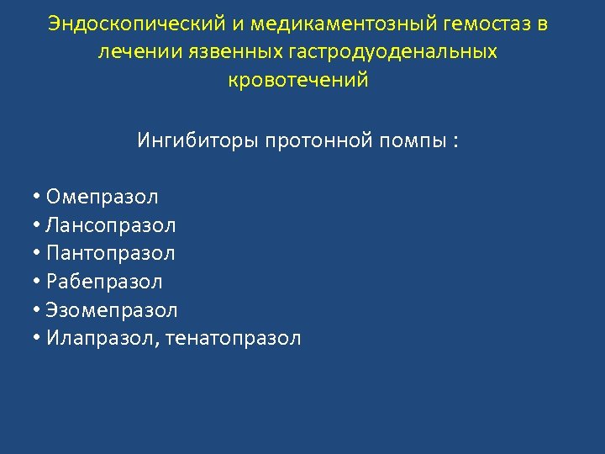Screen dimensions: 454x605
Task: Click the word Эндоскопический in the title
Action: pos(133,24)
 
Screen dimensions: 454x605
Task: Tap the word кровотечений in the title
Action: pos(298,81)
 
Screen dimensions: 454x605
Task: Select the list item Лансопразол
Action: pos(111,225)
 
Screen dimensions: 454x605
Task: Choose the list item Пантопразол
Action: pos(111,253)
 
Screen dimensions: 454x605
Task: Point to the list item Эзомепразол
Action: pos(112,310)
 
